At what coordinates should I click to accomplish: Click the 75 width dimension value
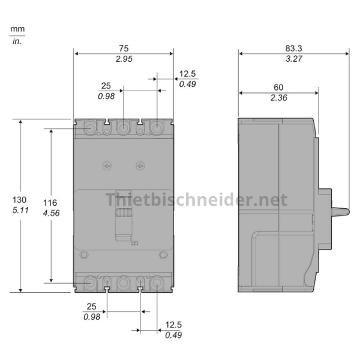124,48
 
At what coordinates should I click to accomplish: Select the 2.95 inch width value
124,59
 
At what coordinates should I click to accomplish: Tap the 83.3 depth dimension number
293,48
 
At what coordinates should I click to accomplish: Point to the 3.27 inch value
293,59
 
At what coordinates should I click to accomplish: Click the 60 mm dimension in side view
277,88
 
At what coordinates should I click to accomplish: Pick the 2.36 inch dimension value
277,98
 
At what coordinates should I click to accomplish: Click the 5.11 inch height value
19,211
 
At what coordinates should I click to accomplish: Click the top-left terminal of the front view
91,128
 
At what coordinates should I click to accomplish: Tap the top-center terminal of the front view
124,128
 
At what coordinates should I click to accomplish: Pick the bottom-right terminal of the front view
157,282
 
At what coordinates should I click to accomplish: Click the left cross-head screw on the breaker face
107,164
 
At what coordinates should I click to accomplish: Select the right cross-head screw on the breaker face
140,164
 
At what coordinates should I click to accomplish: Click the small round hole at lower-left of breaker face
84,255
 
